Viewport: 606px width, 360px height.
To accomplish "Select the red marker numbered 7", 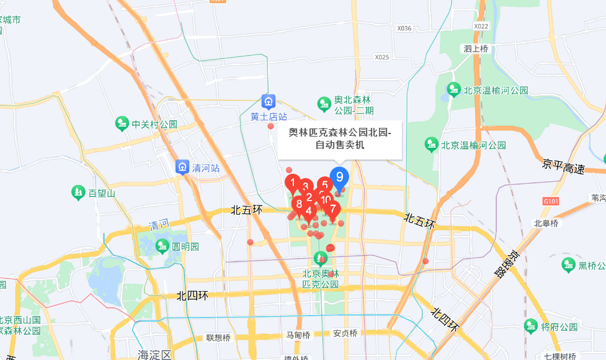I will tap(333, 209).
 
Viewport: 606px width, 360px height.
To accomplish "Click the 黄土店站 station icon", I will tap(269, 101).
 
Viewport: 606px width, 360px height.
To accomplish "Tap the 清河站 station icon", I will tap(182, 168).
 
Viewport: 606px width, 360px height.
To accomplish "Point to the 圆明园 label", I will tap(185, 246).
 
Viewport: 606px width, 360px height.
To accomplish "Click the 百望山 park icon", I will tap(78, 192).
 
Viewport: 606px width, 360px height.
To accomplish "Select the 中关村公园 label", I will tap(154, 124).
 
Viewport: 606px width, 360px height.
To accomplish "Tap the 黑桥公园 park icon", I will tap(568, 265).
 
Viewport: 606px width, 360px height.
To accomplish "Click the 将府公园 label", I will tap(555, 325).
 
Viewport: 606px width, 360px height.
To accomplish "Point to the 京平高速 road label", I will tap(563, 167).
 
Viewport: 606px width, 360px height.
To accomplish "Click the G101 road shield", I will tap(551, 201).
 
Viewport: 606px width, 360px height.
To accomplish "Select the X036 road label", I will tap(404, 28).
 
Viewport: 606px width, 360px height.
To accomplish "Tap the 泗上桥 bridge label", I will tap(476, 48).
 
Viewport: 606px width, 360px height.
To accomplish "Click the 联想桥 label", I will tap(218, 338).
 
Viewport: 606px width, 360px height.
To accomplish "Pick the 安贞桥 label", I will tap(345, 333).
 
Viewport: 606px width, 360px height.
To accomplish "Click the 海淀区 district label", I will tap(154, 354).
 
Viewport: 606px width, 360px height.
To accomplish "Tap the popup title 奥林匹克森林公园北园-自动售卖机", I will tap(340, 138).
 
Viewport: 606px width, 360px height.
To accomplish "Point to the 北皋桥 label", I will tap(546, 223).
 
